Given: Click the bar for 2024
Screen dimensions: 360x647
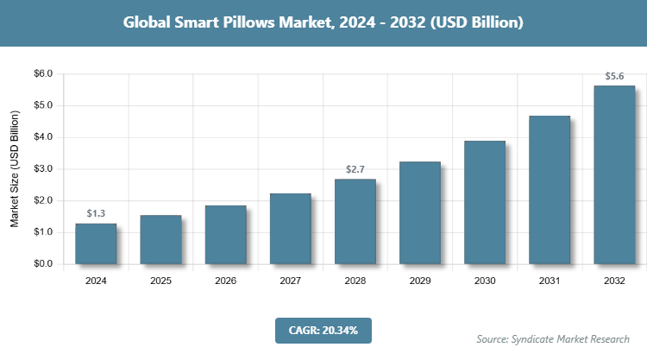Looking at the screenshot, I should coord(96,243).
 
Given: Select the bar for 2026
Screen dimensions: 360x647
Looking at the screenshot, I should coord(225,234).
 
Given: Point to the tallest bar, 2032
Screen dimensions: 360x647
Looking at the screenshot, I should coord(614,174).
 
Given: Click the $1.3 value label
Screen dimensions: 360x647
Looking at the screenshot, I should coord(96,213).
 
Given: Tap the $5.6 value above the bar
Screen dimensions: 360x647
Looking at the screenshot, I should coord(614,75).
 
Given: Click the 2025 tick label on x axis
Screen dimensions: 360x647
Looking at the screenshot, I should coord(160,281).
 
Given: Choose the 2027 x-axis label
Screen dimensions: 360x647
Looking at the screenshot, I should coord(290,281).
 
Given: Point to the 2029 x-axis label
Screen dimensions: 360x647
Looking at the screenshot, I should coord(420,281).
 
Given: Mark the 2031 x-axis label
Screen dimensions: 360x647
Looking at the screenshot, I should coord(550,281).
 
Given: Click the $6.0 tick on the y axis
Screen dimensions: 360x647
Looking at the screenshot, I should coord(41,74).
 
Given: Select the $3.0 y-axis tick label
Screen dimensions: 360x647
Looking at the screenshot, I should coord(41,169).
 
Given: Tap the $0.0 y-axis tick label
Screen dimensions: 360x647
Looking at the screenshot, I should coord(41,264).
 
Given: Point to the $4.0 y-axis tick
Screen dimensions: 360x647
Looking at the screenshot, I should coord(41,137).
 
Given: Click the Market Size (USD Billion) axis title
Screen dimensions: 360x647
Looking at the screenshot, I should coord(15,169).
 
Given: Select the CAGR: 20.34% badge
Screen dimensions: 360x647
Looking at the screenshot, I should coord(323,330).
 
